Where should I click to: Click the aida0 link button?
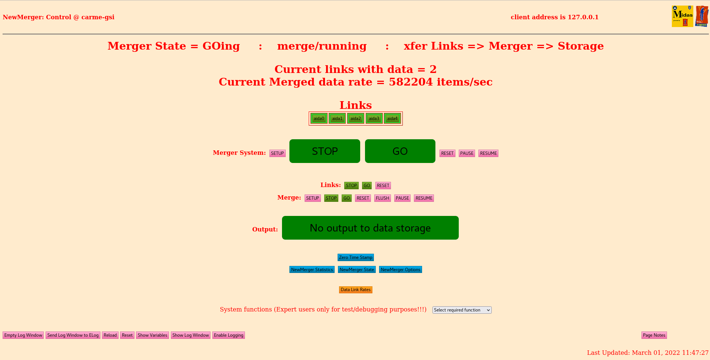point(319,119)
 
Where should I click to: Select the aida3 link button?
point(374,119)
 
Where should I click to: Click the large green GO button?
point(400,151)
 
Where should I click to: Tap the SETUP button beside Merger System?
point(277,153)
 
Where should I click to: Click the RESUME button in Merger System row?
point(488,153)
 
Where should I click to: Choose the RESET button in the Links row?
point(383,186)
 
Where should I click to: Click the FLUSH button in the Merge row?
point(382,198)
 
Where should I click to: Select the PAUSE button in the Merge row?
point(402,198)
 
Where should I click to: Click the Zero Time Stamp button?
point(355,257)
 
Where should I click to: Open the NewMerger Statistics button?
point(312,270)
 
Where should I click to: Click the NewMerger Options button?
point(400,270)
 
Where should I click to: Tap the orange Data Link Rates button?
point(355,290)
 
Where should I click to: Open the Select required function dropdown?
point(462,310)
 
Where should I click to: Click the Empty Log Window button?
point(23,335)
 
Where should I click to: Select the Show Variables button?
point(152,335)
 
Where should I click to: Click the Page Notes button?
point(654,335)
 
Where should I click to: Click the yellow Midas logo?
point(682,16)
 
